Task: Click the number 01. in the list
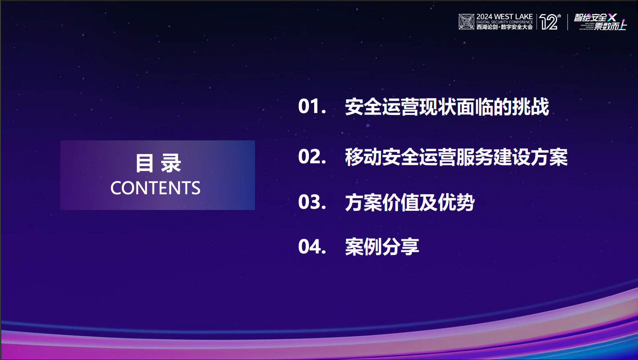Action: [x=312, y=107]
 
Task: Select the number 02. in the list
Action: [x=312, y=157]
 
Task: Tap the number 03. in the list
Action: [x=312, y=202]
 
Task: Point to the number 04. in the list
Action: [x=312, y=247]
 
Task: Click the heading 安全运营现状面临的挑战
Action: [x=447, y=107]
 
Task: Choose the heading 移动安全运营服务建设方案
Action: [x=456, y=157]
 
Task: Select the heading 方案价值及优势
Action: [x=410, y=202]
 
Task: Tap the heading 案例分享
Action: [x=382, y=247]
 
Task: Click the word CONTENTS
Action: [x=155, y=188]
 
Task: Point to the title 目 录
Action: [x=158, y=163]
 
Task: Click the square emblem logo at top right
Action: [x=466, y=22]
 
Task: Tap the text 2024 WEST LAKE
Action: [x=504, y=16]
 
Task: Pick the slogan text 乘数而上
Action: [x=610, y=27]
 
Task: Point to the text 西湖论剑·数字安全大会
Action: [x=504, y=27]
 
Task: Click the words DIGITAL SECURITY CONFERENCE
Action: [x=504, y=22]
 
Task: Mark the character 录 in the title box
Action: [x=171, y=163]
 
